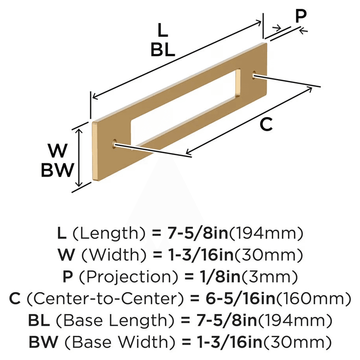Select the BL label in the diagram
coord(163,50)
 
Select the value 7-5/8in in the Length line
coord(197,234)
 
